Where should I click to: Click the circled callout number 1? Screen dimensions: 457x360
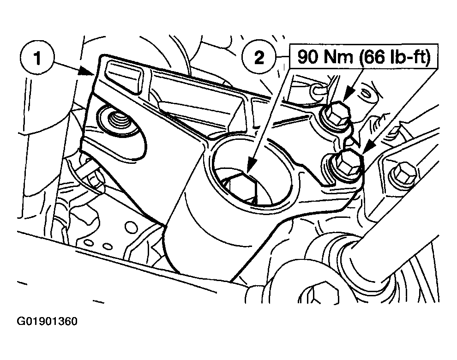click(37, 58)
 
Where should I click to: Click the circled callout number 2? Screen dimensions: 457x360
click(259, 57)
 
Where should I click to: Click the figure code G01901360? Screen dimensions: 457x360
click(47, 321)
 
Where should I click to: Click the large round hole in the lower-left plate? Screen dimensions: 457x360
click(131, 227)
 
